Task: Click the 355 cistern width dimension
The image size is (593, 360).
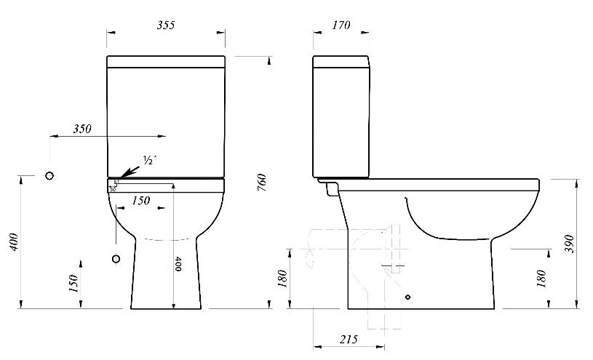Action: click(166, 25)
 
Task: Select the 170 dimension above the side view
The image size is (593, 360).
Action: click(341, 25)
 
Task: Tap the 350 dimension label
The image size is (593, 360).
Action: click(82, 129)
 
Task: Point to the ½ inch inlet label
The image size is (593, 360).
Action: click(149, 160)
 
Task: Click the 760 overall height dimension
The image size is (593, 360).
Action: click(262, 183)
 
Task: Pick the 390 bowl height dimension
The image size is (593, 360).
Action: click(569, 244)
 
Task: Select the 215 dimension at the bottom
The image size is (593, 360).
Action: click(349, 339)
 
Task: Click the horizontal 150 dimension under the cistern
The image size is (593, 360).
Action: click(140, 201)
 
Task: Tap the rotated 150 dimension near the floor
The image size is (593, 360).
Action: click(73, 284)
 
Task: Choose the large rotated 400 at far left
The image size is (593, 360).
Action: click(14, 242)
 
